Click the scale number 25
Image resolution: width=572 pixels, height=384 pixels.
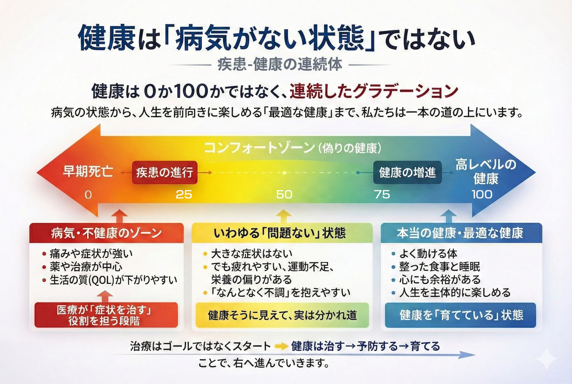pyautogui.click(x=184, y=195)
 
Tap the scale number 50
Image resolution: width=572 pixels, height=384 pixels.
pyautogui.click(x=284, y=195)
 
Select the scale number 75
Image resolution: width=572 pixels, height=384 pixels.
pyautogui.click(x=382, y=195)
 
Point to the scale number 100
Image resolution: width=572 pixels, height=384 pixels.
pyautogui.click(x=482, y=195)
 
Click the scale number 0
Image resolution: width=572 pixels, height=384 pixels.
pyautogui.click(x=88, y=195)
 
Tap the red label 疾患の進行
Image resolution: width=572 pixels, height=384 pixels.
pyautogui.click(x=165, y=172)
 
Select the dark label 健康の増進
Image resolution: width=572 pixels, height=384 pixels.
pyautogui.click(x=407, y=173)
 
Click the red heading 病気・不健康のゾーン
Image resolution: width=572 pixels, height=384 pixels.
pyautogui.click(x=106, y=233)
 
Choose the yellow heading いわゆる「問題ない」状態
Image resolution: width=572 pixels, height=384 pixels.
pyautogui.click(x=280, y=233)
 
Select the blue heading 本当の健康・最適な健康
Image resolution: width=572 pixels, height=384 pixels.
pyautogui.click(x=460, y=233)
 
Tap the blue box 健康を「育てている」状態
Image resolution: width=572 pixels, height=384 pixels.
pyautogui.click(x=460, y=315)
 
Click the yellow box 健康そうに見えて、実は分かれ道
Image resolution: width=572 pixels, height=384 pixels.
pyautogui.click(x=283, y=315)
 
